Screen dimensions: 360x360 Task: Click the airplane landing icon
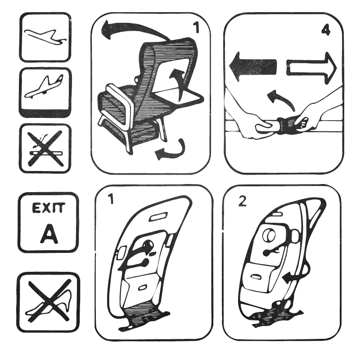pyautogui.click(x=44, y=86)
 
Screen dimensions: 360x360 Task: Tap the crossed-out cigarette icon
pyautogui.click(x=45, y=148)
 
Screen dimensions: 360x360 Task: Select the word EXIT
pyautogui.click(x=49, y=208)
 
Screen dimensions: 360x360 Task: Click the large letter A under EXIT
pyautogui.click(x=49, y=234)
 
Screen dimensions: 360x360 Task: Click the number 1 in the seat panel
pyautogui.click(x=196, y=28)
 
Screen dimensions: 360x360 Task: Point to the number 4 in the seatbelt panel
pyautogui.click(x=326, y=30)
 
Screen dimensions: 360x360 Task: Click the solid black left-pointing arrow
pyautogui.click(x=253, y=67)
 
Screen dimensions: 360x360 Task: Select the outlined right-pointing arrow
pyautogui.click(x=311, y=68)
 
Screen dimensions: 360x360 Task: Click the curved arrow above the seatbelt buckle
pyautogui.click(x=281, y=99)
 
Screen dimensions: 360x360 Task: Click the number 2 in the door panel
pyautogui.click(x=242, y=201)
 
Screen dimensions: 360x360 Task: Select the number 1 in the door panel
pyautogui.click(x=111, y=199)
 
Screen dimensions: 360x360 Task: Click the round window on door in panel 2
pyautogui.click(x=269, y=235)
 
